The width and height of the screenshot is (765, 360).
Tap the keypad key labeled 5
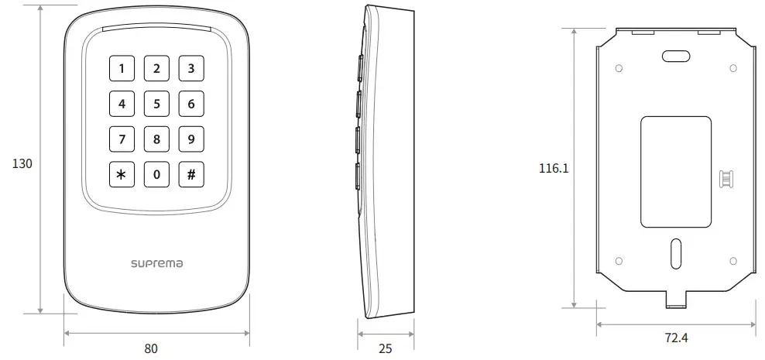pos(156,104)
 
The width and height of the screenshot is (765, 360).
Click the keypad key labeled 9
pos(191,139)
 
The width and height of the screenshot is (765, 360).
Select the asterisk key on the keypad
pos(121,174)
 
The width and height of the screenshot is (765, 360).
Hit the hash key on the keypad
pos(191,174)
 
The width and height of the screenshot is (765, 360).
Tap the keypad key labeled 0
pos(156,174)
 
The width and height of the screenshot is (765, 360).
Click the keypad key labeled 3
pos(191,69)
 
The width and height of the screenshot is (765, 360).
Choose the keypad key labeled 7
pos(121,139)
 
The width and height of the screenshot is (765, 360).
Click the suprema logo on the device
pos(156,264)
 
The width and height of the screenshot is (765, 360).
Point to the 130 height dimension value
pos(22,164)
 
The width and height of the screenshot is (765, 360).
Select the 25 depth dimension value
pos(385,348)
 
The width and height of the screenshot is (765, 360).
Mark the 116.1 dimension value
pos(554,168)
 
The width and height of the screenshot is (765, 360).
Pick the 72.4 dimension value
pos(677,338)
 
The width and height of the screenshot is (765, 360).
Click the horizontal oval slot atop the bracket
pos(676,56)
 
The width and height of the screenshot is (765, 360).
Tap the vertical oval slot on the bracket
pos(676,251)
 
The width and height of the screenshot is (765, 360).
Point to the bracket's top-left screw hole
pos(619,68)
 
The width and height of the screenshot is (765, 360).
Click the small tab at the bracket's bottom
pos(676,297)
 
